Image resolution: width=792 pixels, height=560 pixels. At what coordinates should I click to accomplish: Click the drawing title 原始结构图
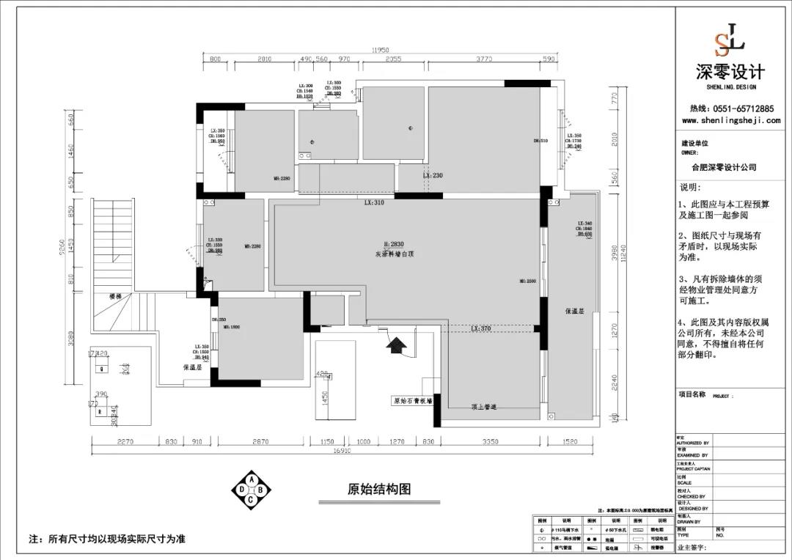(378, 490)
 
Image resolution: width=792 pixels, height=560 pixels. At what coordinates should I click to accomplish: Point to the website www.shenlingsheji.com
(730, 121)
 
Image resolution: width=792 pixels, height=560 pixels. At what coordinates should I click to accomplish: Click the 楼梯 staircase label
(114, 297)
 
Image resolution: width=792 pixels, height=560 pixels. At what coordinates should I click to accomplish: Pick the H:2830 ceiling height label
(394, 244)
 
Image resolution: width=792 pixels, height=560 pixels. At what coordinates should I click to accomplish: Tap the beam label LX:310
(374, 202)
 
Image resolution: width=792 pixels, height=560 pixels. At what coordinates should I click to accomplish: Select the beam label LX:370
(480, 329)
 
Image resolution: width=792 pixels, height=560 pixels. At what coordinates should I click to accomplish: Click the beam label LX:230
(433, 176)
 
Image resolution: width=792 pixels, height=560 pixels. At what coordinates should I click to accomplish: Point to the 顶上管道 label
(483, 407)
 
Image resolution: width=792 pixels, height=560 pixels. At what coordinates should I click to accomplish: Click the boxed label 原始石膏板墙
(412, 401)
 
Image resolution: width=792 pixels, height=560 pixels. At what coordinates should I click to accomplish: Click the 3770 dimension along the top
(485, 59)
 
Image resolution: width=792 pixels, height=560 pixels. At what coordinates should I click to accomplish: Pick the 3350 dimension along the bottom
(490, 442)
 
